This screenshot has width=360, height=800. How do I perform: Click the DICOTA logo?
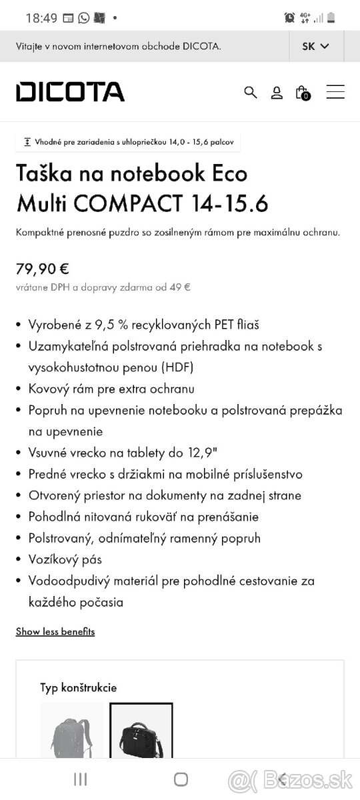(70, 92)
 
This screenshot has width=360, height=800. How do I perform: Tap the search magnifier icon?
(251, 92)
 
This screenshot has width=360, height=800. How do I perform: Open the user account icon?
(277, 93)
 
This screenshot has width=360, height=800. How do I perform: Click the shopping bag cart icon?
(302, 92)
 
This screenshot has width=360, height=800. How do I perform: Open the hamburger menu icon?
(335, 92)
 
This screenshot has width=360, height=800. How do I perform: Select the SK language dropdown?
(316, 46)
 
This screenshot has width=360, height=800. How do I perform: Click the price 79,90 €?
(43, 269)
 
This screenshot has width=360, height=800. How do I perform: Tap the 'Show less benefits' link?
(55, 631)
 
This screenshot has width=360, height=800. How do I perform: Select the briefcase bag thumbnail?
(141, 730)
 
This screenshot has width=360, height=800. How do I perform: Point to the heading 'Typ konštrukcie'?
(78, 687)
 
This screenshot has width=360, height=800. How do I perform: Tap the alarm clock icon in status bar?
(289, 18)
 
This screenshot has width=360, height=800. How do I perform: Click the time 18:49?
(41, 18)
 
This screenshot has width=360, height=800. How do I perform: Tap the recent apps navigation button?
(80, 779)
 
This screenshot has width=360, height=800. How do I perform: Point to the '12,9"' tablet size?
(198, 453)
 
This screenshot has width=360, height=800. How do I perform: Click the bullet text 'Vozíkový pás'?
(65, 559)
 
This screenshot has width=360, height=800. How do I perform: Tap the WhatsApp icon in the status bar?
(83, 18)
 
